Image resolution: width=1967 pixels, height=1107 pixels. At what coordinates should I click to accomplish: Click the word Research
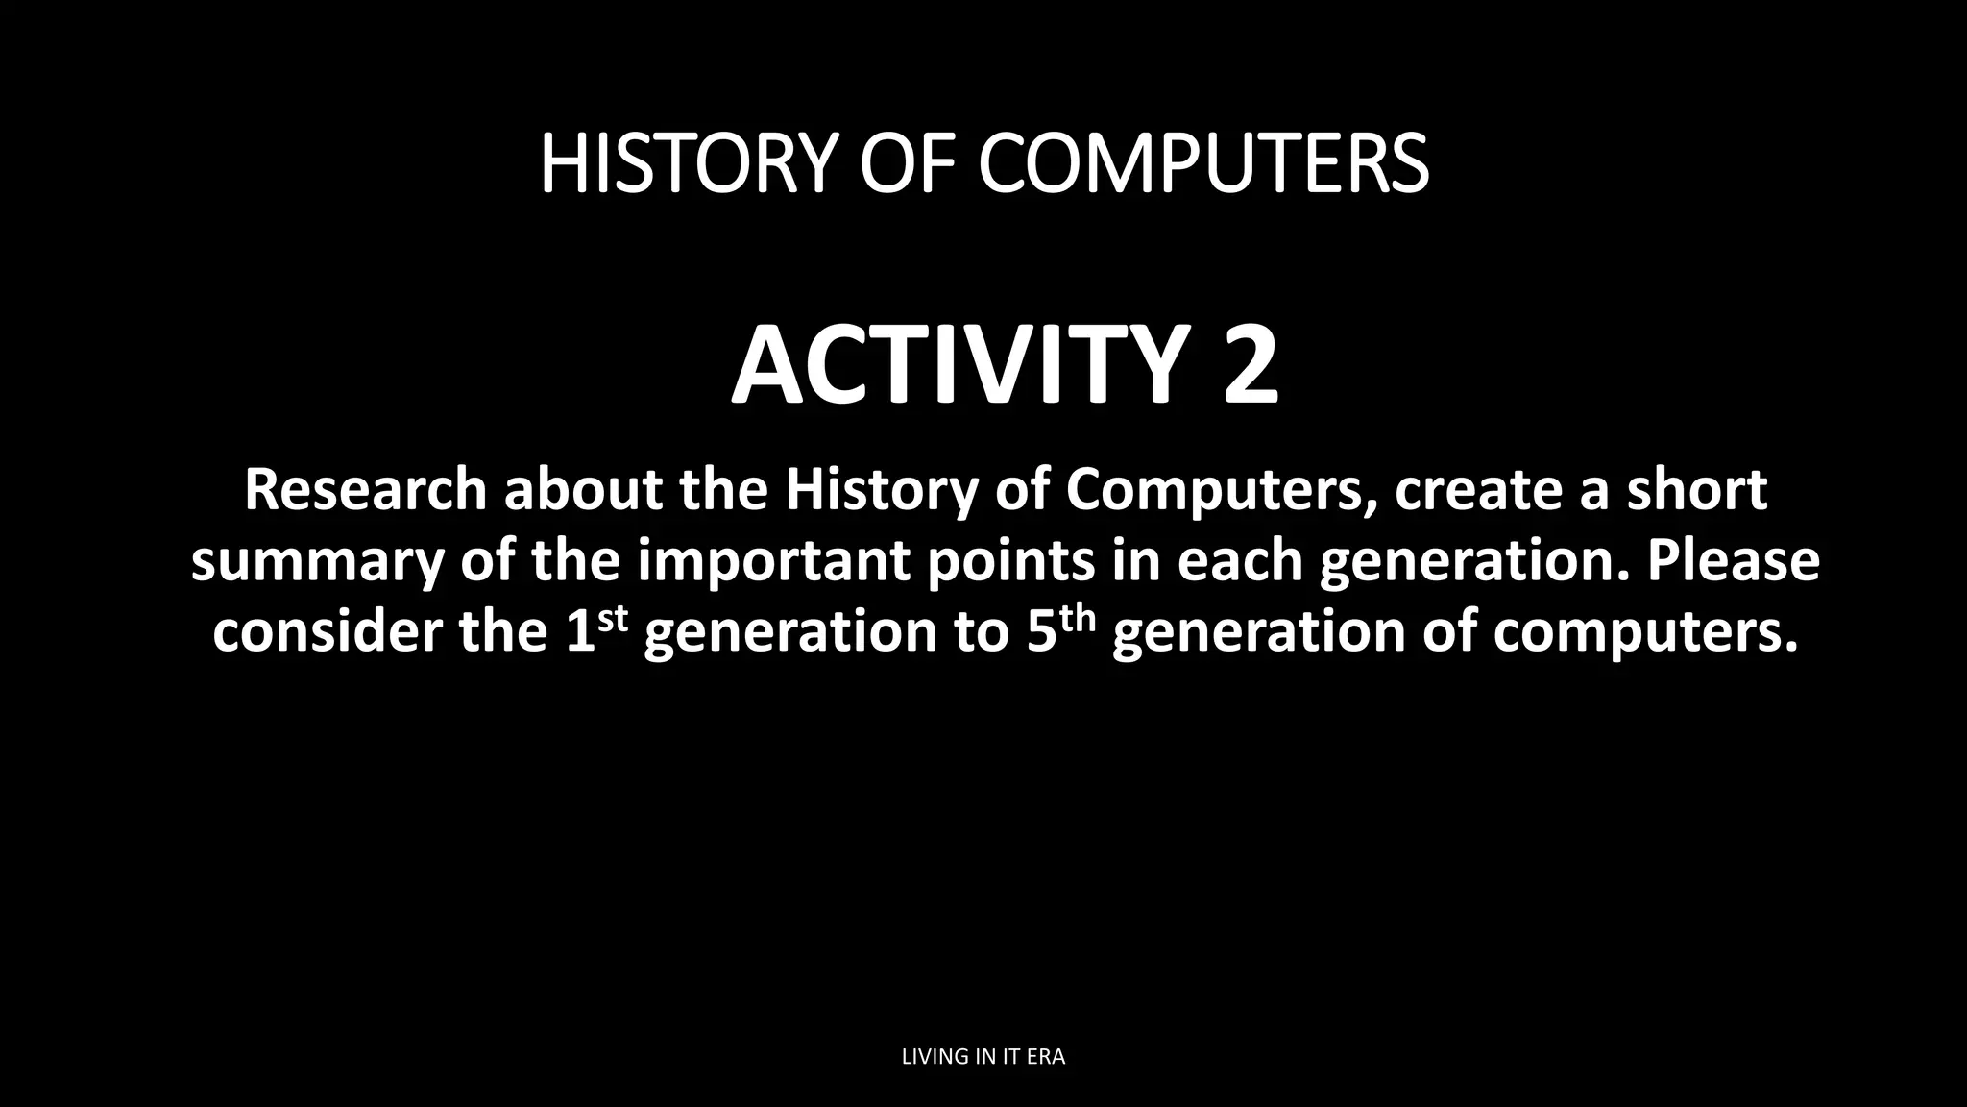[x=366, y=489]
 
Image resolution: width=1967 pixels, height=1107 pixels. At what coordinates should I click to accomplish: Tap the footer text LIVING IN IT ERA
[x=983, y=1057]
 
